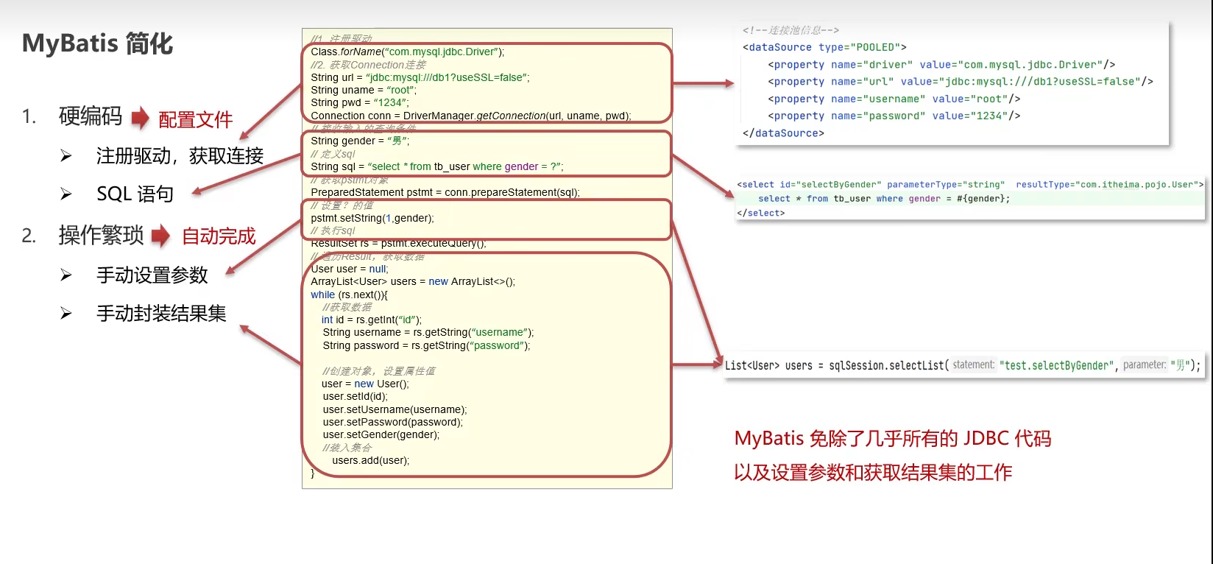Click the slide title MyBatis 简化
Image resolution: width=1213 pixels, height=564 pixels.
98,43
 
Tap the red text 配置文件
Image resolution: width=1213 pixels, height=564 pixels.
196,119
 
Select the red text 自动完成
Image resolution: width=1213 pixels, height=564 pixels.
219,236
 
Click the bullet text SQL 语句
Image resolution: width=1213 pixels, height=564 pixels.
135,194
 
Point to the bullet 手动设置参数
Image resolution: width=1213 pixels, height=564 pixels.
152,275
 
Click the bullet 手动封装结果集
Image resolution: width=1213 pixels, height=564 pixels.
161,314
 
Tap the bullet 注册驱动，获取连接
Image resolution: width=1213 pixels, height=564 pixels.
180,156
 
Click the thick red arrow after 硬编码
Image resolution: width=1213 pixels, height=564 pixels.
140,118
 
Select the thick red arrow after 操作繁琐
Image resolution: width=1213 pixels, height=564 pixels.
160,236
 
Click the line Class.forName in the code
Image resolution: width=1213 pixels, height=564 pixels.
407,52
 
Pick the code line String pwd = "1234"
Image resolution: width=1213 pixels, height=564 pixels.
359,102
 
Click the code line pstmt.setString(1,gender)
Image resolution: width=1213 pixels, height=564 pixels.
372,218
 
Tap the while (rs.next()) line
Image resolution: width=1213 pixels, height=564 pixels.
349,295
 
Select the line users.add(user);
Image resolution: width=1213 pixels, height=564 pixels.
370,460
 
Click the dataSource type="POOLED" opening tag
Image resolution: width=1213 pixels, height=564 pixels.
824,47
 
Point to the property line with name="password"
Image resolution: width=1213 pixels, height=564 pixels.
894,116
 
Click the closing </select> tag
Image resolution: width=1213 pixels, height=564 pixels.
760,213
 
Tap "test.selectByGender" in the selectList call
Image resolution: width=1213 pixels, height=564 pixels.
1056,365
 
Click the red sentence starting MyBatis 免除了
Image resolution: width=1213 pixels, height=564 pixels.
892,439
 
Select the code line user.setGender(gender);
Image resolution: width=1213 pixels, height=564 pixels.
381,434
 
